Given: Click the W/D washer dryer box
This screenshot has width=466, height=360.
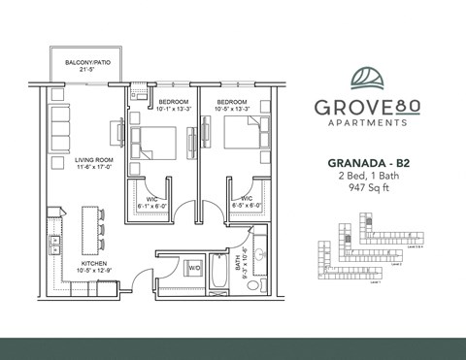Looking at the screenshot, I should (x=193, y=267).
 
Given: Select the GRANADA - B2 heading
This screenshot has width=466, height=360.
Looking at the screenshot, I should (x=364, y=167).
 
